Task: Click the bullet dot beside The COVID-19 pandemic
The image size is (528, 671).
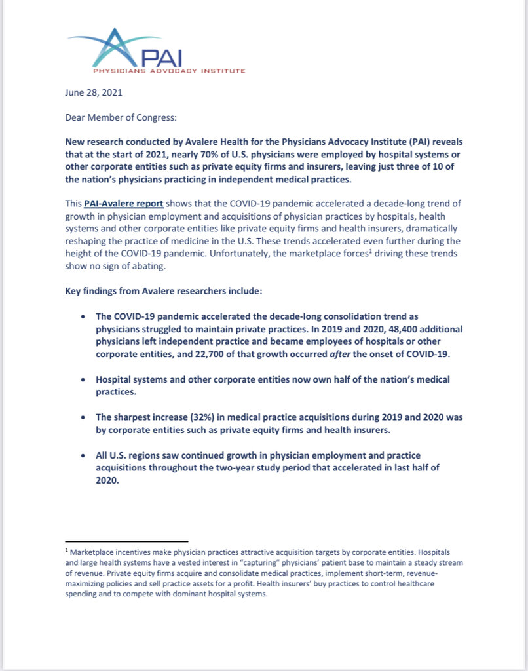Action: (83, 316)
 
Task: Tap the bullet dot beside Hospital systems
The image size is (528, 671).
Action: (83, 380)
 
